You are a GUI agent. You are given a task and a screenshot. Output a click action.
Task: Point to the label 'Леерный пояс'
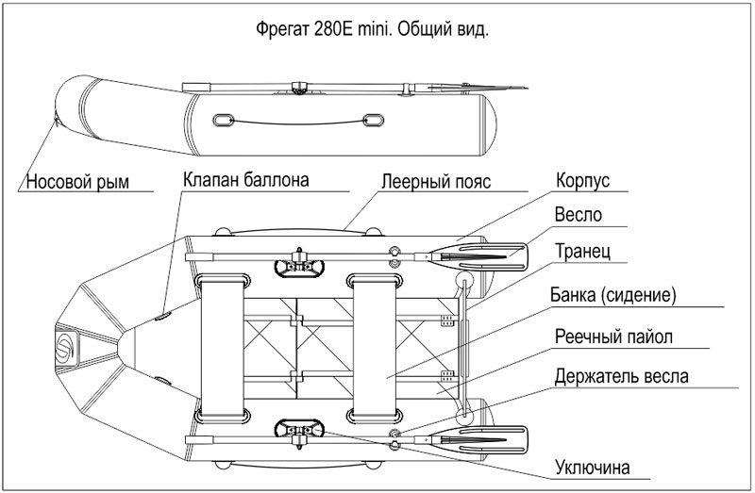coord(430,182)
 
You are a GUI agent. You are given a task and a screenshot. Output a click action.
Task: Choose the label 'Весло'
coord(579,214)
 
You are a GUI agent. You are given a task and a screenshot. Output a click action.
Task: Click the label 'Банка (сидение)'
coord(613,295)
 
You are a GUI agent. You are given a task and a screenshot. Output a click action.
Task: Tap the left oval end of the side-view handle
coord(226,121)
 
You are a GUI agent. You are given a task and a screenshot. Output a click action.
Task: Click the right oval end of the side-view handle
coord(374,121)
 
